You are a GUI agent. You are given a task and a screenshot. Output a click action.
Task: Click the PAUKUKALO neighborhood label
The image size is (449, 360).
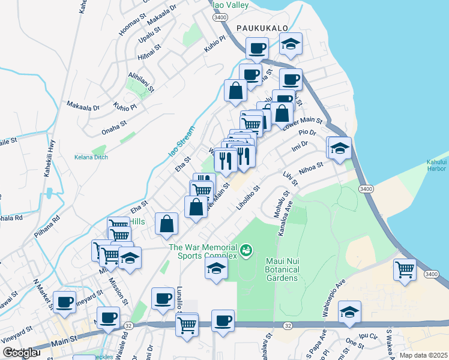[262, 28]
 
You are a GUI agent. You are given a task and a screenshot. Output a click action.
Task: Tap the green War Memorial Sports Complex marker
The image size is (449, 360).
[246, 250]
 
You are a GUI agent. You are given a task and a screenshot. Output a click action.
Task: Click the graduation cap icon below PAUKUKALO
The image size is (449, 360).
[291, 44]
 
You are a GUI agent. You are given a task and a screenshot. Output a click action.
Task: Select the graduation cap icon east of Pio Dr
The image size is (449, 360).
[340, 148]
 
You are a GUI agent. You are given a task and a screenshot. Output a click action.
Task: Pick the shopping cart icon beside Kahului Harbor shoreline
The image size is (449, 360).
[405, 269]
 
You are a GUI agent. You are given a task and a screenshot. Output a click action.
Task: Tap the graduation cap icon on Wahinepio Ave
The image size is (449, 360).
[349, 312]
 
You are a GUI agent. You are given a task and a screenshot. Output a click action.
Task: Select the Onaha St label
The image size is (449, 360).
[114, 125]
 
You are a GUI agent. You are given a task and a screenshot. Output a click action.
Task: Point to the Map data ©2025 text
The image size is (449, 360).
[424, 355]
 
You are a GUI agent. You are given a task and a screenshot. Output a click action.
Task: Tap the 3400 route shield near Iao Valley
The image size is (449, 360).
[218, 18]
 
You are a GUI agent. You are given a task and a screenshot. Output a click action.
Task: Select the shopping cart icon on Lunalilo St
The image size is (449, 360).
[187, 325]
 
